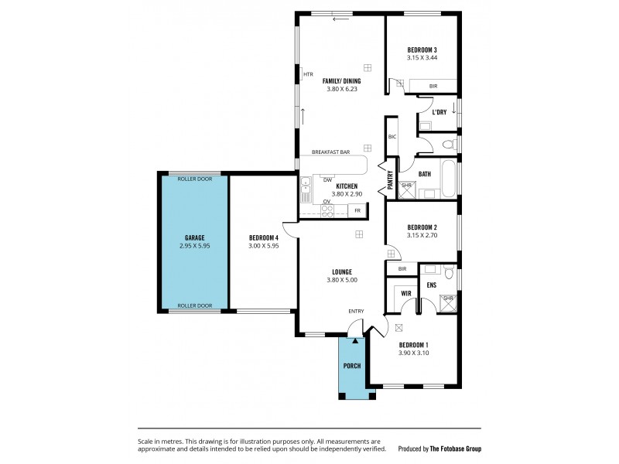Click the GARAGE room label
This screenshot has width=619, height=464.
click(193, 237)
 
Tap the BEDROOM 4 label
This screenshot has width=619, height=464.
click(263, 237)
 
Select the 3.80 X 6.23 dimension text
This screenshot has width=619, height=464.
click(341, 89)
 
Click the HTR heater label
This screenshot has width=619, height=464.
click(308, 74)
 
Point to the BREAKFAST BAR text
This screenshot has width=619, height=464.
click(331, 152)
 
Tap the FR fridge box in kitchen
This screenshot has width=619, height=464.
click(357, 210)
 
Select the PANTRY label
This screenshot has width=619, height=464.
click(391, 180)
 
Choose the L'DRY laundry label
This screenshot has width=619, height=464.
click(439, 112)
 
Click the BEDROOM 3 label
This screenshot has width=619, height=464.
click(422, 49)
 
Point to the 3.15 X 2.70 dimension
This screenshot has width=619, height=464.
click(422, 235)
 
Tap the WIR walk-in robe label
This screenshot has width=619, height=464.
click(405, 293)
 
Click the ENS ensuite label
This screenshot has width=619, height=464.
click(432, 285)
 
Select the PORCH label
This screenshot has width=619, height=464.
click(353, 365)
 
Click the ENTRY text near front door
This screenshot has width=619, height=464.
click(356, 311)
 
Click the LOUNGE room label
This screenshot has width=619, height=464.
click(341, 271)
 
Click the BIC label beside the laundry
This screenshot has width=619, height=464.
click(392, 137)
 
